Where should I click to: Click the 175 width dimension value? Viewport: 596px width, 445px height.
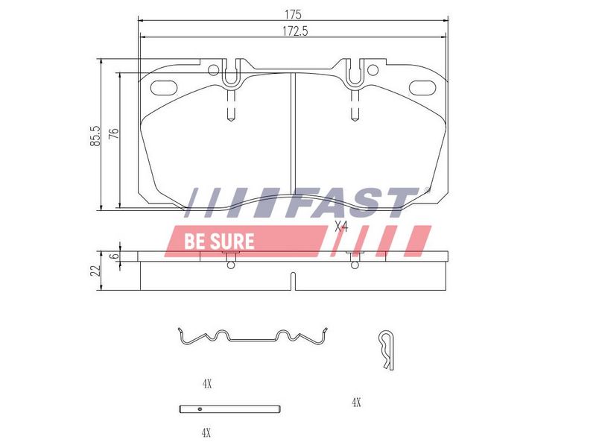[x=293, y=14]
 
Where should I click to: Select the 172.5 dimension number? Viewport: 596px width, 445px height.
[x=295, y=31]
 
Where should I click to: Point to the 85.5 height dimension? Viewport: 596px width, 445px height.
[x=95, y=136]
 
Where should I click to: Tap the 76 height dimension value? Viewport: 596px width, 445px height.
[x=114, y=133]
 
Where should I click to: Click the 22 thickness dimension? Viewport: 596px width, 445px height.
[x=96, y=271]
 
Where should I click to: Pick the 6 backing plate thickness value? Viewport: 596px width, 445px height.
[x=114, y=256]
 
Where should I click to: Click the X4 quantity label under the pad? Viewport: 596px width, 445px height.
[x=341, y=227]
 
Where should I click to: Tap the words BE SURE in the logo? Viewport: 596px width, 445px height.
[x=219, y=242]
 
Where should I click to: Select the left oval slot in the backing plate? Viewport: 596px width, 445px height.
[x=164, y=87]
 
